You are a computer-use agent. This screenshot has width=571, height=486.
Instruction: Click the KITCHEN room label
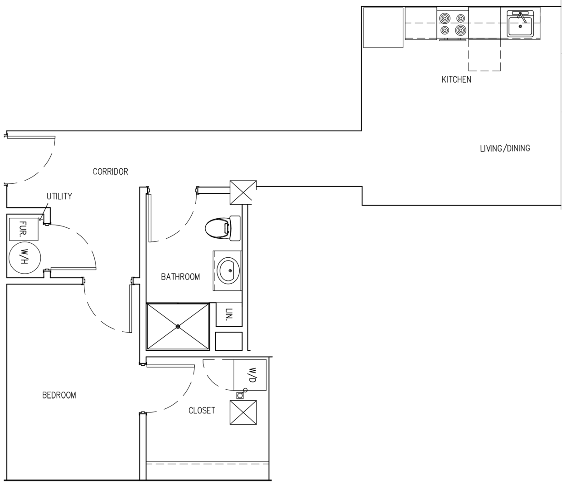456,79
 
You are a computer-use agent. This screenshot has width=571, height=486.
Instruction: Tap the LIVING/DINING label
505,148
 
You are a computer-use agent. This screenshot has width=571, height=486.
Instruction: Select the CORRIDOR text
110,172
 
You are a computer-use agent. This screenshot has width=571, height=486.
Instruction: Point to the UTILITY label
59,196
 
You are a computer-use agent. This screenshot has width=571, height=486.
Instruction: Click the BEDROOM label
59,395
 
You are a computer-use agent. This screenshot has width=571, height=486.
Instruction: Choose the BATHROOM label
180,277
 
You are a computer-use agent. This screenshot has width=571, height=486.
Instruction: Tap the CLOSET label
202,411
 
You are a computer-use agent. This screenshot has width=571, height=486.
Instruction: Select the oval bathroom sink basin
229,271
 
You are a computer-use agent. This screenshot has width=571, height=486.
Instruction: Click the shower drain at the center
178,326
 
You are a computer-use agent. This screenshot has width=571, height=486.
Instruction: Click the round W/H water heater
24,258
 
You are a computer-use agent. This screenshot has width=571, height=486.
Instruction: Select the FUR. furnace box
24,229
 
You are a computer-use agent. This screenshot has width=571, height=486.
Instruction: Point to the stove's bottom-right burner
460,31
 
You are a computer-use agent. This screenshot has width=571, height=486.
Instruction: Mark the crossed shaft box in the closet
243,412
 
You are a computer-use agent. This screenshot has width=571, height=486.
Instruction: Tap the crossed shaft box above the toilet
243,192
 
